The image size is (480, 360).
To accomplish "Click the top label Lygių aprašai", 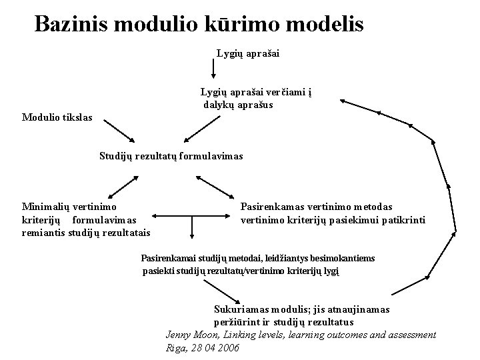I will pyautogui.click(x=247, y=52).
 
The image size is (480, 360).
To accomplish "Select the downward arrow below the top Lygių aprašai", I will pyautogui.click(x=213, y=67).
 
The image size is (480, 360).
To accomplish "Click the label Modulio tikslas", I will pyautogui.click(x=58, y=118).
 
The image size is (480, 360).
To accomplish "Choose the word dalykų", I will pyautogui.click(x=219, y=105).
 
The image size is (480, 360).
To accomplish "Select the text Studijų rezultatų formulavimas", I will pyautogui.click(x=171, y=156).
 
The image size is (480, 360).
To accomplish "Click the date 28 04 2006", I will pyautogui.click(x=215, y=348).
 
